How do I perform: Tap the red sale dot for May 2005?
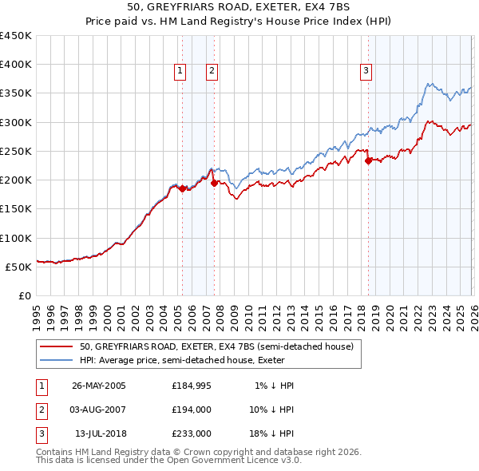(x=183, y=189)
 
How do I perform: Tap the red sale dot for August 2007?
(x=215, y=184)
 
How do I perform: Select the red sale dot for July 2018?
(x=368, y=161)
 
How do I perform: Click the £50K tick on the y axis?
(x=19, y=267)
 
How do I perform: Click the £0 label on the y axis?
(x=25, y=295)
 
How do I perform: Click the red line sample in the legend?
(x=57, y=346)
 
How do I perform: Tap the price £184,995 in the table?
(x=192, y=386)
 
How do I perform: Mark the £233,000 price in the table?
(x=192, y=433)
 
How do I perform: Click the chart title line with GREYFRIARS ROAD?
(x=239, y=8)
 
